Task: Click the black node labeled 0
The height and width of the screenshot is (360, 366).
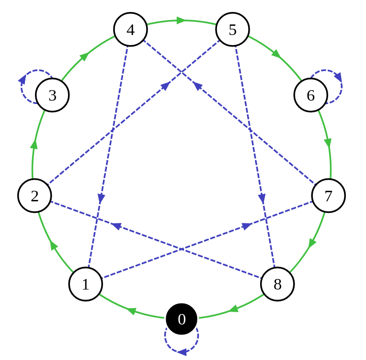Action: click(182, 319)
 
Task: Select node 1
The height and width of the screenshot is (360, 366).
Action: click(86, 284)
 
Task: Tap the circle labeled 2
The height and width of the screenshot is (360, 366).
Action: click(34, 196)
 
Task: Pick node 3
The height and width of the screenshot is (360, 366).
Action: click(52, 95)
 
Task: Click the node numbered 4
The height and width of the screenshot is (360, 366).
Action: click(130, 30)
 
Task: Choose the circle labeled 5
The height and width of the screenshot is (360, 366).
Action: click(232, 30)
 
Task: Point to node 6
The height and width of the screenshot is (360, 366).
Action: click(310, 95)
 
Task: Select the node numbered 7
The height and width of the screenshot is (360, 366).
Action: click(328, 196)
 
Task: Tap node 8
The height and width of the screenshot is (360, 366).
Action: click(277, 284)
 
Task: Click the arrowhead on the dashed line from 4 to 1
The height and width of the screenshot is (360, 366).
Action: click(101, 198)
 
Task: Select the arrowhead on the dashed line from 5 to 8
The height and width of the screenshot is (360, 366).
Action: click(262, 198)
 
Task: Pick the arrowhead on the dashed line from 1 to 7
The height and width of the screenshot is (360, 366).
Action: click(247, 225)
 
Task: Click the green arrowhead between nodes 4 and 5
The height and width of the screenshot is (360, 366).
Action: click(181, 20)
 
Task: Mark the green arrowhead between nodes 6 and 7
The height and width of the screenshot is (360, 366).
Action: click(328, 142)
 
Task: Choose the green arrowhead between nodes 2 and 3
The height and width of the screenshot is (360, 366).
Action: click(34, 143)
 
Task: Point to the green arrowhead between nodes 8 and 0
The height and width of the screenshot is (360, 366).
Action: click(233, 309)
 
